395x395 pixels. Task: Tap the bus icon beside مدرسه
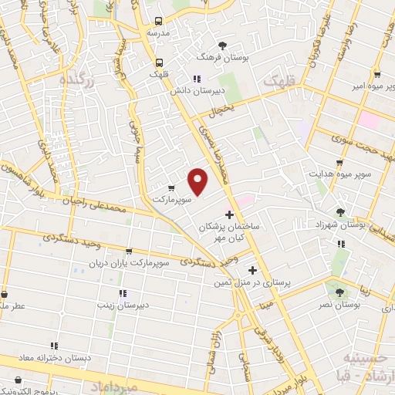159,22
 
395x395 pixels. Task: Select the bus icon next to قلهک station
159,62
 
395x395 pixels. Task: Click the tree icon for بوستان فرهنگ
223,46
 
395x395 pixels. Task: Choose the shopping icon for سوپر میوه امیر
376,75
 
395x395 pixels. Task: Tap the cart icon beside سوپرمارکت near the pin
170,187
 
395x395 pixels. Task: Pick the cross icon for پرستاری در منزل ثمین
253,270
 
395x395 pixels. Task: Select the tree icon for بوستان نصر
339,292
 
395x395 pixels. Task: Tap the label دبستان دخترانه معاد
54,358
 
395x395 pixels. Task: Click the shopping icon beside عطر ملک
6,294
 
